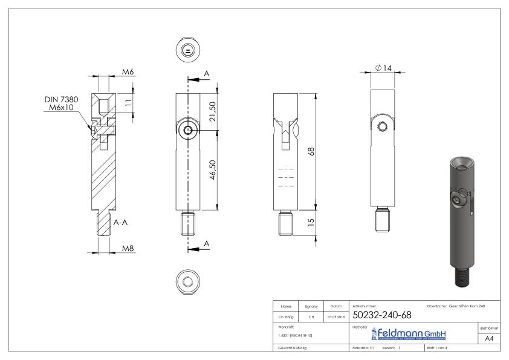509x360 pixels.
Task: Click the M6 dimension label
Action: pyautogui.click(x=128, y=71)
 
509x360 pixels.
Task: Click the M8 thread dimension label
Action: pyautogui.click(x=128, y=249)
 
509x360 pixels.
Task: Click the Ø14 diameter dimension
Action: pyautogui.click(x=383, y=68)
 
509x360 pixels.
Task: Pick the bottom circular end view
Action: pyautogui.click(x=189, y=280)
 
